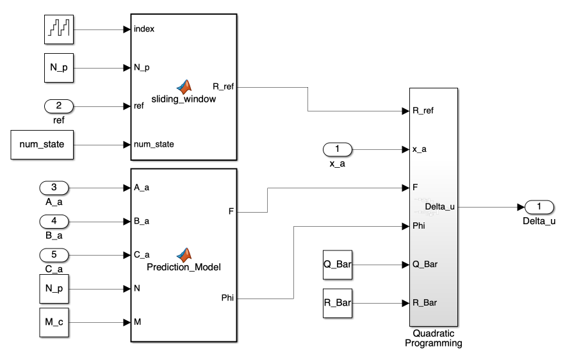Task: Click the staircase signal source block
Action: (x=59, y=29)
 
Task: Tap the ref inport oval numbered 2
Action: (x=59, y=106)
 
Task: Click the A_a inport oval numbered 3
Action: (x=54, y=188)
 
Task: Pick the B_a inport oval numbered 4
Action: (x=54, y=222)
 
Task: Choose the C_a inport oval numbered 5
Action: (x=54, y=255)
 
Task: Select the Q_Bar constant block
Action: (x=338, y=264)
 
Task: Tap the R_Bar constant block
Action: (x=338, y=302)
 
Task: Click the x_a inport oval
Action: (x=338, y=149)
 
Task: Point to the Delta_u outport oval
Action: (x=539, y=206)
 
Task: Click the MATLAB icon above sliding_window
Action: (x=184, y=87)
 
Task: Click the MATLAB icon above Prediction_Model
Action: (x=184, y=254)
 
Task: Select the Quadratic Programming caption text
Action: (x=433, y=338)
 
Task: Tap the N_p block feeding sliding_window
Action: (x=59, y=67)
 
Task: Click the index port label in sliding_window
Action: (x=144, y=29)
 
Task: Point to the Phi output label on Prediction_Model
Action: (x=227, y=298)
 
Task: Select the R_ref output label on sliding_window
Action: (x=224, y=86)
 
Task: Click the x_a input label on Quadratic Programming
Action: (x=420, y=149)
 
